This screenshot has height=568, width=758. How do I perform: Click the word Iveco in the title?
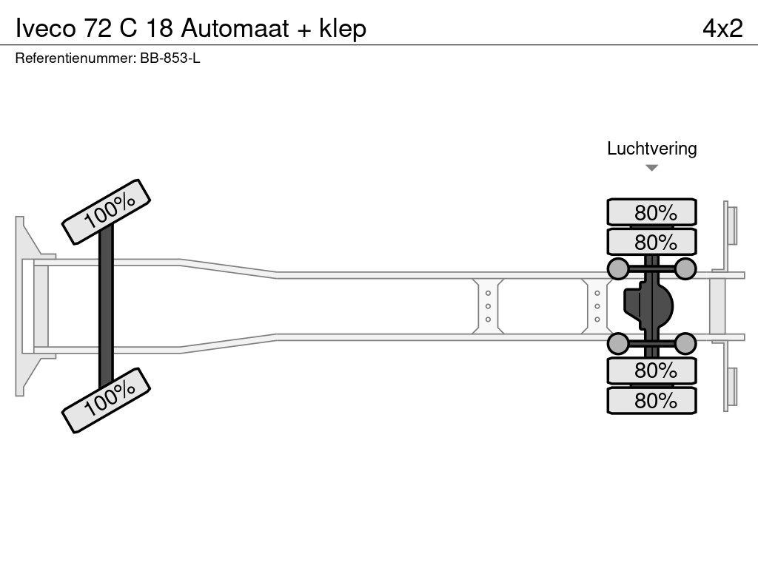point(44,28)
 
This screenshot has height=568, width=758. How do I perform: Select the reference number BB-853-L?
point(170,58)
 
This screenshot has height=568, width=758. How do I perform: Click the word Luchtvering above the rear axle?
point(651,148)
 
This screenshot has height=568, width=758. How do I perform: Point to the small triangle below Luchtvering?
point(651,168)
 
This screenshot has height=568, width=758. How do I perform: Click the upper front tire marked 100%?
point(107,212)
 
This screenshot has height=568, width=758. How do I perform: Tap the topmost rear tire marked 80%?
point(651,212)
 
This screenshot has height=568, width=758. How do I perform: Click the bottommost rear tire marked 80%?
point(651,400)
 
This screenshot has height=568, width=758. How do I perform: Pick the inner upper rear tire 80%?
point(651,242)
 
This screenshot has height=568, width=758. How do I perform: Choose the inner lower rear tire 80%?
point(651,370)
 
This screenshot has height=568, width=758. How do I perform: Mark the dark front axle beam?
point(107,305)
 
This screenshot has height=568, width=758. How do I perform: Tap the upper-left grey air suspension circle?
point(618,268)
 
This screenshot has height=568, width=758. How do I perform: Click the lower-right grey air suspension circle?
point(685,343)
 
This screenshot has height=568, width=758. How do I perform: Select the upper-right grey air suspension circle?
point(685,268)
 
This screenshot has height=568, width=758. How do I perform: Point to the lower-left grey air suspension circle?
point(618,343)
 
